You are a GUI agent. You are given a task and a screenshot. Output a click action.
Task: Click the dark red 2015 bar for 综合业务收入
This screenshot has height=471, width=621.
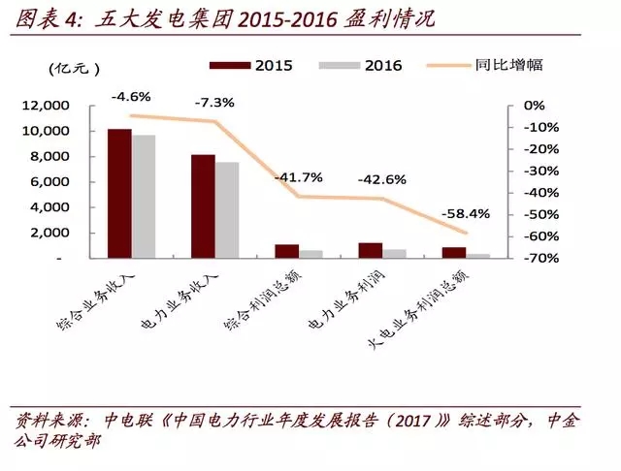[x=119, y=193]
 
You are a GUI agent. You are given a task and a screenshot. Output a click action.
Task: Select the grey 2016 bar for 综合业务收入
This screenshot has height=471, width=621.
[x=144, y=197]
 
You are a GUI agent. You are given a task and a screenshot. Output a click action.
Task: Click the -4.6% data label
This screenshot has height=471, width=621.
[x=129, y=97]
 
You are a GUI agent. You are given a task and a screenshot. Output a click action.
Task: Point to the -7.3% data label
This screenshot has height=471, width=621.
[x=212, y=102]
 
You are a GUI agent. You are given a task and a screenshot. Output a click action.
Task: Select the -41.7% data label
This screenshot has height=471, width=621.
[x=298, y=178]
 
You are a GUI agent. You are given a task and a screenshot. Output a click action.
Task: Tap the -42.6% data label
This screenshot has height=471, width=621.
[x=381, y=180]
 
